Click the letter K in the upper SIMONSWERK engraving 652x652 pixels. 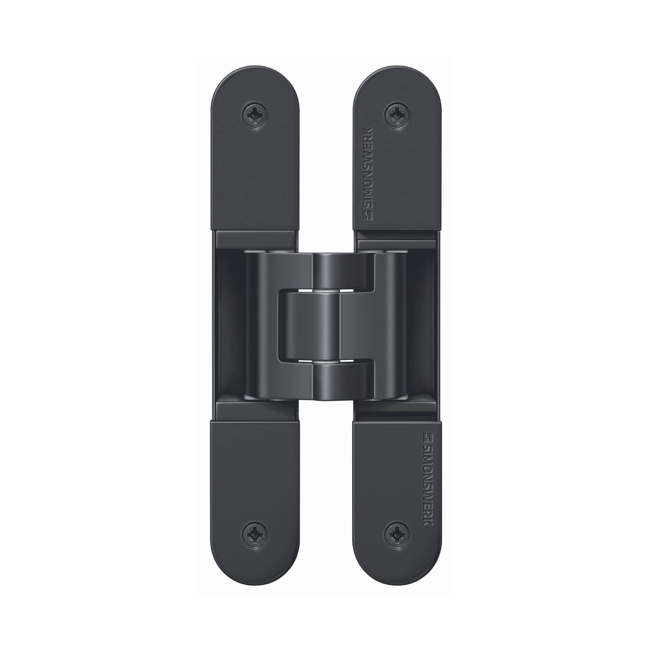click(x=367, y=131)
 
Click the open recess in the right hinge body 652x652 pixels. click(x=422, y=326)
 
